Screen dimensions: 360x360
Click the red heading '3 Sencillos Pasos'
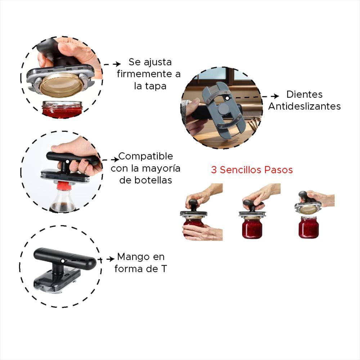[x=252, y=170]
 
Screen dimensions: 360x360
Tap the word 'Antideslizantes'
[x=305, y=106]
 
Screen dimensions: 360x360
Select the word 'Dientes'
[x=305, y=94]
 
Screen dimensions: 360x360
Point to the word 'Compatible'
[x=145, y=156]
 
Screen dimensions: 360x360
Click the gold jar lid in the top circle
[x=61, y=85]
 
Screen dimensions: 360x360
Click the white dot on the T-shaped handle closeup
[x=62, y=261]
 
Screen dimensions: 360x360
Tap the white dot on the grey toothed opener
[x=227, y=98]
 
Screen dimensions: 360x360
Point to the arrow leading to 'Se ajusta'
[x=112, y=64]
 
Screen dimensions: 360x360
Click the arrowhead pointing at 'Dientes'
[x=276, y=96]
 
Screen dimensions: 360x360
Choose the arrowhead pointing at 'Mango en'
[x=112, y=259]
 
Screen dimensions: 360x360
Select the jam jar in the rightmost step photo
[x=309, y=227]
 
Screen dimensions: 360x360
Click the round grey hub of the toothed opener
[x=224, y=108]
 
